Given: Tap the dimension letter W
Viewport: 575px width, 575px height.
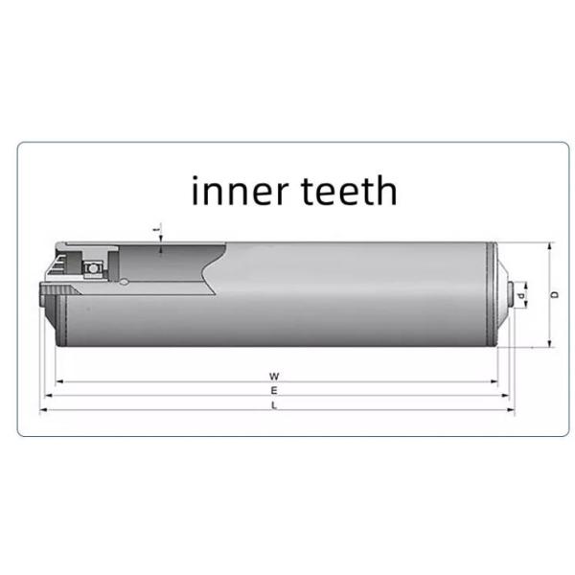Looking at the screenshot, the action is pos(274,377).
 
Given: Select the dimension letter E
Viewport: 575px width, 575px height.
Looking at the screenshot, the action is pos(274,391).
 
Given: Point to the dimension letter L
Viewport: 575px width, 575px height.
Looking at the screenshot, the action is pos(274,405).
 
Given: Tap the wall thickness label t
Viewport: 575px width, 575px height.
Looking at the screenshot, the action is pos(159,230).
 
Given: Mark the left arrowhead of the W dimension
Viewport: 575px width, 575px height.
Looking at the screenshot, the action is pos(58,381).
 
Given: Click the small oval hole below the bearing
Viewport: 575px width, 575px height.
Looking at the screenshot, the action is pos(126,283).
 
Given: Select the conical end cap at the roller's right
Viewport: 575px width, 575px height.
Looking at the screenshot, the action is pos(504,294).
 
